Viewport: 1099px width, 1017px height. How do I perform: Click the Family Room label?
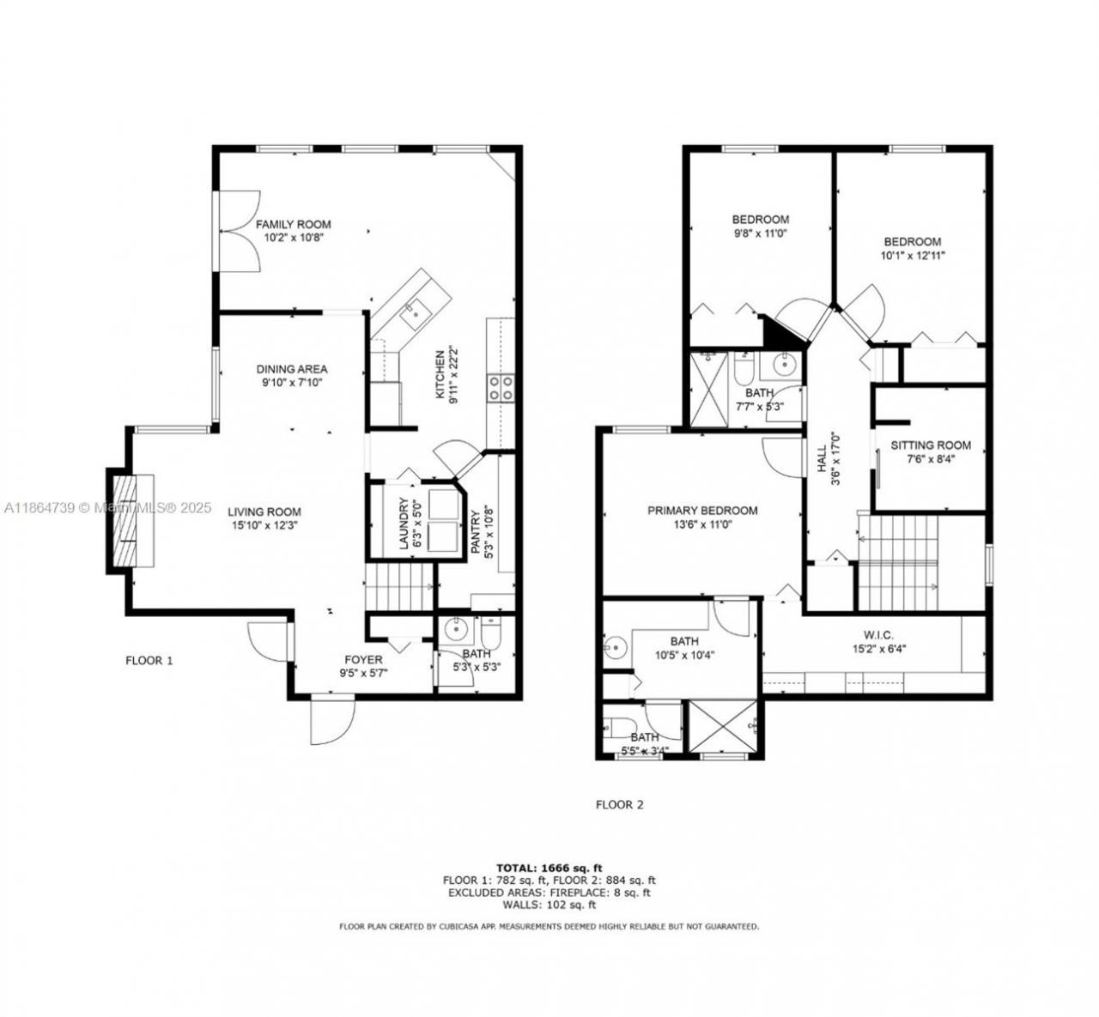(x=293, y=225)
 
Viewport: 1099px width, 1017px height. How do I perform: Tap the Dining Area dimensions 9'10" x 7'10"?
(x=293, y=383)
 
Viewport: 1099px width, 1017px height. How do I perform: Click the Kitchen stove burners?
(x=501, y=388)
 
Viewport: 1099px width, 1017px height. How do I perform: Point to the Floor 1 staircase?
(x=399, y=587)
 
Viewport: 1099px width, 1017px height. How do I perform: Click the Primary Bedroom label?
(x=702, y=511)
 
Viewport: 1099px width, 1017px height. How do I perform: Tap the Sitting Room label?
(x=930, y=445)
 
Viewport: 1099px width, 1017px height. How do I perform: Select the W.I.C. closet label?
(x=878, y=635)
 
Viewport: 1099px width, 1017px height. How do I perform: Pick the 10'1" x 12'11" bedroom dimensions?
(x=913, y=255)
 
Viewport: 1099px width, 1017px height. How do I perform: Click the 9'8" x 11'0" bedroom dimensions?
(x=760, y=233)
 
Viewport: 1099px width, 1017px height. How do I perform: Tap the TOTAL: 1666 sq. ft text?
(x=549, y=867)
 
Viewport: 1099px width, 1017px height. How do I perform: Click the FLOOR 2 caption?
(x=619, y=805)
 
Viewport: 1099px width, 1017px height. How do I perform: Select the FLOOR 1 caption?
(x=149, y=660)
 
